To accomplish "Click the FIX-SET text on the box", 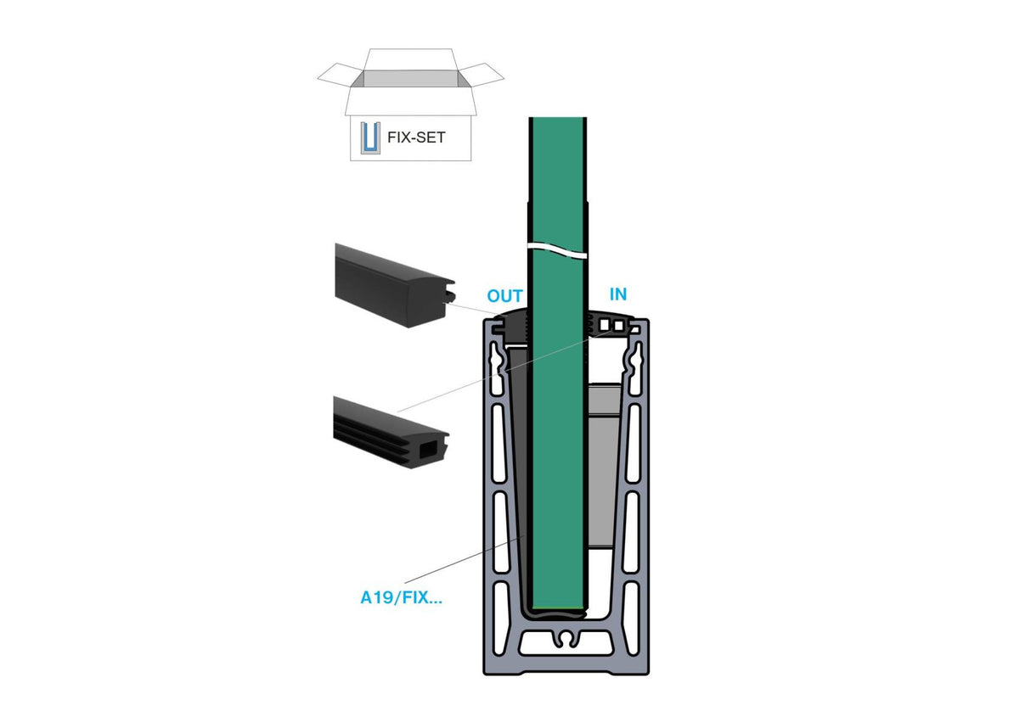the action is tap(416, 137).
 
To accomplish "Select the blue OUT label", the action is tap(505, 296).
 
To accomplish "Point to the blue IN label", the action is tap(618, 294).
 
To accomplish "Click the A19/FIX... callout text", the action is tap(401, 597).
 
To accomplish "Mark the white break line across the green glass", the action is tap(557, 249).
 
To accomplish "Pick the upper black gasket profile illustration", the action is tap(394, 285).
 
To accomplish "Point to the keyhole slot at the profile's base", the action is tap(566, 640).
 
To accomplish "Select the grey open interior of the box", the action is tap(410, 79).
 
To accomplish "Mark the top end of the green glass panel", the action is tap(557, 118).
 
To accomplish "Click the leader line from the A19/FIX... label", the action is tap(464, 559).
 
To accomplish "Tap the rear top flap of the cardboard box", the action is tap(410, 59).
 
